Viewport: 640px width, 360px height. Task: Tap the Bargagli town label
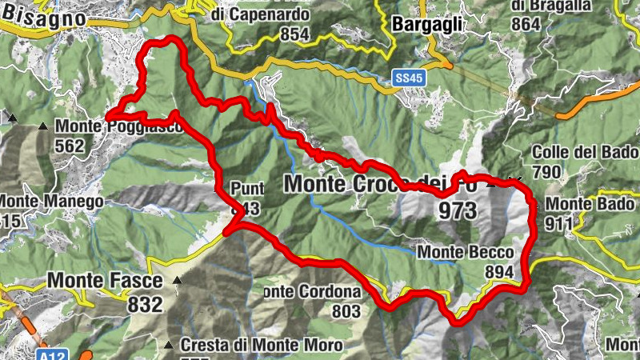click(428, 25)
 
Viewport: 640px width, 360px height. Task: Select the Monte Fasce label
click(106, 281)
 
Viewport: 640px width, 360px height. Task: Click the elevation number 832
click(144, 304)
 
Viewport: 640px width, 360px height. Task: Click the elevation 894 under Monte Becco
click(498, 272)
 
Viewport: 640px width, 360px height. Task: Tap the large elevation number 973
click(457, 211)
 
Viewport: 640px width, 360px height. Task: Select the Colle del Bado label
click(584, 152)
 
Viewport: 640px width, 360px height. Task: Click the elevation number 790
click(546, 172)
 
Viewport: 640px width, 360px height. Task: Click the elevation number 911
click(559, 223)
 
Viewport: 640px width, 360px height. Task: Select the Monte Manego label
click(51, 202)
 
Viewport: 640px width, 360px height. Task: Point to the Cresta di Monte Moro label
click(261, 346)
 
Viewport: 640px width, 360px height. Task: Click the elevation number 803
click(346, 311)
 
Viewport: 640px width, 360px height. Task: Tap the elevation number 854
click(295, 34)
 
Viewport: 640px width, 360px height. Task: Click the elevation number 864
click(526, 23)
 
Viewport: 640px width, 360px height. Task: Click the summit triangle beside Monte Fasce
click(177, 281)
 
